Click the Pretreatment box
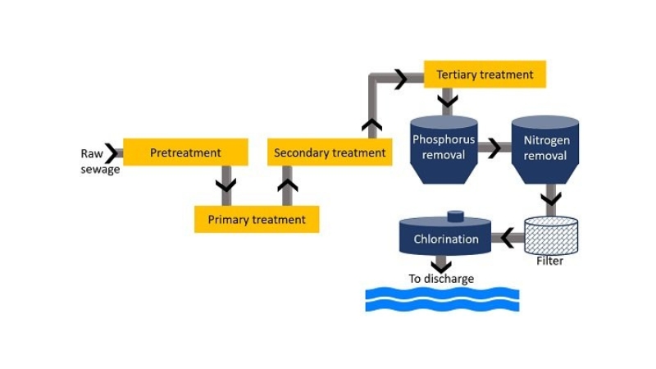pyautogui.click(x=185, y=153)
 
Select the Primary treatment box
pyautogui.click(x=256, y=220)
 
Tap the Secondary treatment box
pyautogui.click(x=329, y=153)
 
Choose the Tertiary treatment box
pyautogui.click(x=485, y=75)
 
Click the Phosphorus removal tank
pyautogui.click(x=444, y=149)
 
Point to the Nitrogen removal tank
pyautogui.click(x=545, y=149)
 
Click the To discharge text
pyautogui.click(x=441, y=279)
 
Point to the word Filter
pyautogui.click(x=549, y=262)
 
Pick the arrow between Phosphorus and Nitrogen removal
pyautogui.click(x=494, y=149)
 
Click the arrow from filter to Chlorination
pyautogui.click(x=508, y=239)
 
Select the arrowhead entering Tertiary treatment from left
pyautogui.click(x=400, y=79)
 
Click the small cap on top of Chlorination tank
pyautogui.click(x=455, y=216)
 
